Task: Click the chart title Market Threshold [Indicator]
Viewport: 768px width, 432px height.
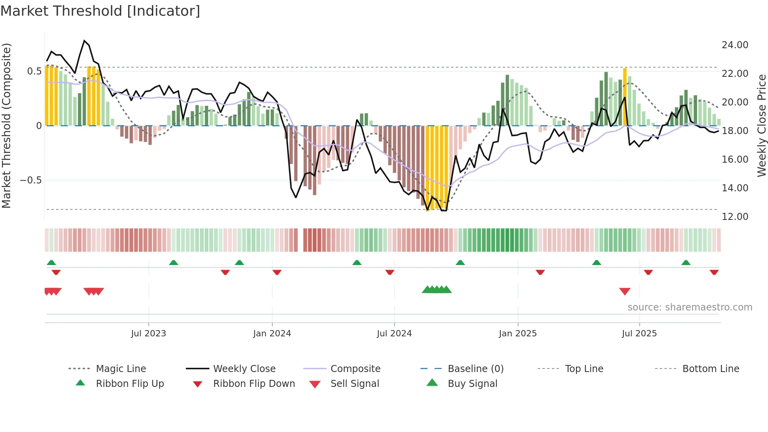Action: click(100, 11)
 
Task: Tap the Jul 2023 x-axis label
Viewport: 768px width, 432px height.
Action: click(149, 334)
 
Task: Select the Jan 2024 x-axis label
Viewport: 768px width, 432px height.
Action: click(272, 334)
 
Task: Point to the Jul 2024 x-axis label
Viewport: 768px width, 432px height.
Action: click(394, 334)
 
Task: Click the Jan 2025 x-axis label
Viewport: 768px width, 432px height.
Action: click(518, 334)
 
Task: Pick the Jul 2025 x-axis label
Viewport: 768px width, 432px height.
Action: click(639, 334)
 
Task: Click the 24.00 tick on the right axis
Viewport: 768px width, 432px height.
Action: click(735, 45)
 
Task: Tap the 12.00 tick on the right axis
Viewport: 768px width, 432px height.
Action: click(735, 217)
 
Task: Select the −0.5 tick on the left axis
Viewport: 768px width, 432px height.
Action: click(31, 180)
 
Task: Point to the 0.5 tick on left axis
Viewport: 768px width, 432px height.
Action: click(34, 71)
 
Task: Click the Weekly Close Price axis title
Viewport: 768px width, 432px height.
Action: click(761, 125)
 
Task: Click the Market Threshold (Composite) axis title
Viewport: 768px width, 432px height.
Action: click(6, 125)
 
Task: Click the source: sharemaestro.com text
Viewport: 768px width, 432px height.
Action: click(690, 307)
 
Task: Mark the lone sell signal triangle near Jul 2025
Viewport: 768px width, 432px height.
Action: click(625, 291)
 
